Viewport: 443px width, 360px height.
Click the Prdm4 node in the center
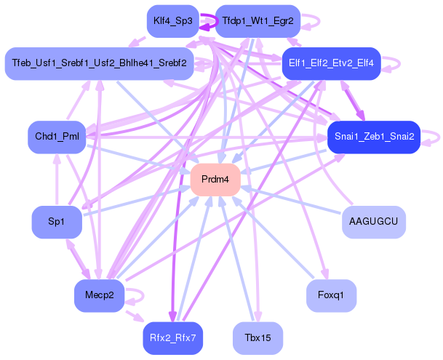(x=215, y=180)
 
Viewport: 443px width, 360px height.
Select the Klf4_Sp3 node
(x=173, y=21)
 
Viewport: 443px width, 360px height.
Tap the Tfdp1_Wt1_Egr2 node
(x=258, y=21)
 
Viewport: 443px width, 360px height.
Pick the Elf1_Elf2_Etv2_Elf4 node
(x=332, y=63)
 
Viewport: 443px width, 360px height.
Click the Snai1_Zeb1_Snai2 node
(x=374, y=137)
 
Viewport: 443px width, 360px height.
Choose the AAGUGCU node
(x=374, y=222)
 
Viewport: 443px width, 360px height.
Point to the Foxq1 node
(x=332, y=296)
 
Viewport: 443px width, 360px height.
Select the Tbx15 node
(x=258, y=338)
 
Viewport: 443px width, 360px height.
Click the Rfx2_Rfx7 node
(x=173, y=338)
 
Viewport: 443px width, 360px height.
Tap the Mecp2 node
(x=99, y=296)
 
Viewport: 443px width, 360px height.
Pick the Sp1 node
(x=57, y=222)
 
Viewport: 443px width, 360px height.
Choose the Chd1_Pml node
(x=57, y=137)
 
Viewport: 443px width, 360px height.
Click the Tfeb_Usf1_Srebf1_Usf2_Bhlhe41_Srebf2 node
(x=99, y=63)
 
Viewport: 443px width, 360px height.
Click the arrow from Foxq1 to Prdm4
(x=273, y=236)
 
